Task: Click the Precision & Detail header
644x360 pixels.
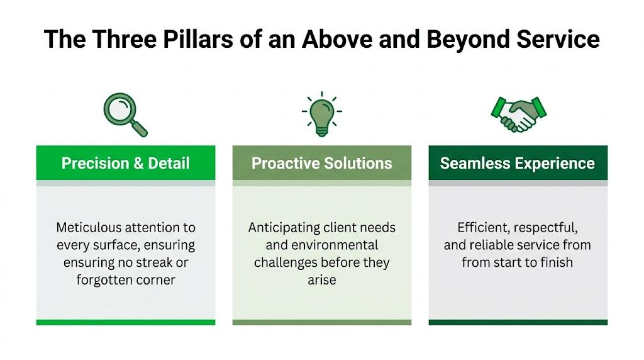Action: pyautogui.click(x=125, y=164)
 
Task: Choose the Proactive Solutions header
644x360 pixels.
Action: pyautogui.click(x=322, y=164)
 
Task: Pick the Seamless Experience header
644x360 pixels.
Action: pyautogui.click(x=518, y=164)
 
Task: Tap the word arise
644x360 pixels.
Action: pyautogui.click(x=322, y=280)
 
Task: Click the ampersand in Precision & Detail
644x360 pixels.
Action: pyautogui.click(x=138, y=164)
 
